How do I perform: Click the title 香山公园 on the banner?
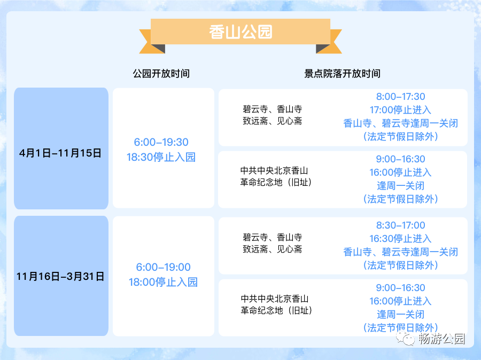(x=241, y=32)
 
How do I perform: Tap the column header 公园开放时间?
(x=161, y=74)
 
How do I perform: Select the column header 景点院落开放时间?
(x=342, y=74)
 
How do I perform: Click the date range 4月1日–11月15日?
(x=60, y=153)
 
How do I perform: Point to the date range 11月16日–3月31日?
(x=60, y=276)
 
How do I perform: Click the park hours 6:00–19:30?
(x=161, y=142)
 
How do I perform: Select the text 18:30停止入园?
(x=161, y=158)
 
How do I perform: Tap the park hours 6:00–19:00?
(x=163, y=267)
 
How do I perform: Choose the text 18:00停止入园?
(x=163, y=282)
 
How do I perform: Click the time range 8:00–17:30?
(x=401, y=97)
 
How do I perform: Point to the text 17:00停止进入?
(x=400, y=110)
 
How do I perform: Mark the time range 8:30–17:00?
(x=401, y=225)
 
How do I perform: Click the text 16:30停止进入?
(x=400, y=239)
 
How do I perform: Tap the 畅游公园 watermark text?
(x=442, y=339)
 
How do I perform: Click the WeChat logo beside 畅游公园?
(x=405, y=339)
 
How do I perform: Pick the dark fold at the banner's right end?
(x=323, y=49)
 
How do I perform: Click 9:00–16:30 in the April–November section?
(x=401, y=159)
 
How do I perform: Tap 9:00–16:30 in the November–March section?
(x=401, y=288)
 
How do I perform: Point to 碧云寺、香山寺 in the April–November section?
(x=273, y=109)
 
